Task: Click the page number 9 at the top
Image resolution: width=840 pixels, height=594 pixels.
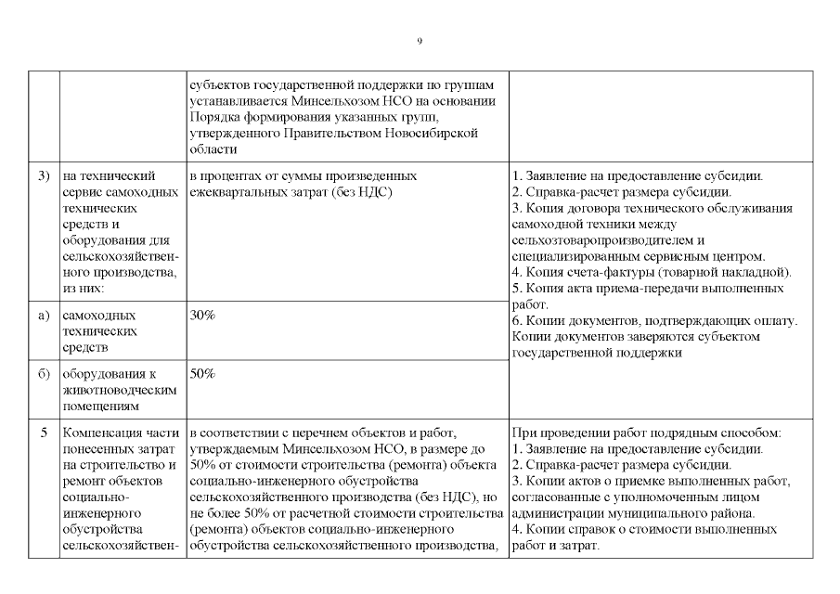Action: coord(420,42)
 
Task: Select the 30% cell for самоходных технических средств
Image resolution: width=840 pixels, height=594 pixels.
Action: coord(202,316)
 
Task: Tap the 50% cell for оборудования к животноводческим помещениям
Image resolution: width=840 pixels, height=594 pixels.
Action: coord(202,373)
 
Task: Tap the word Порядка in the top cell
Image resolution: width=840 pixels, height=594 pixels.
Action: coord(213,117)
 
